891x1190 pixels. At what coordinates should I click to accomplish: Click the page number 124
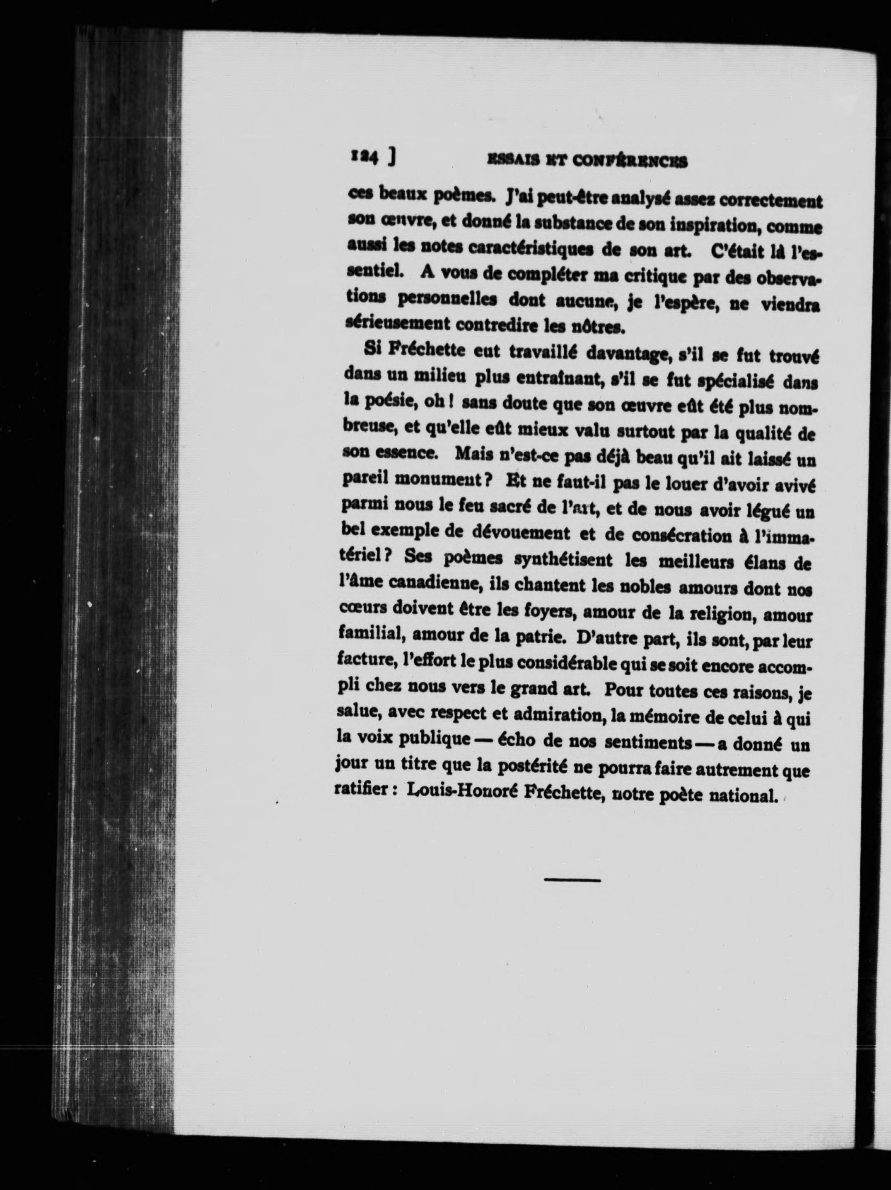(365, 156)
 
